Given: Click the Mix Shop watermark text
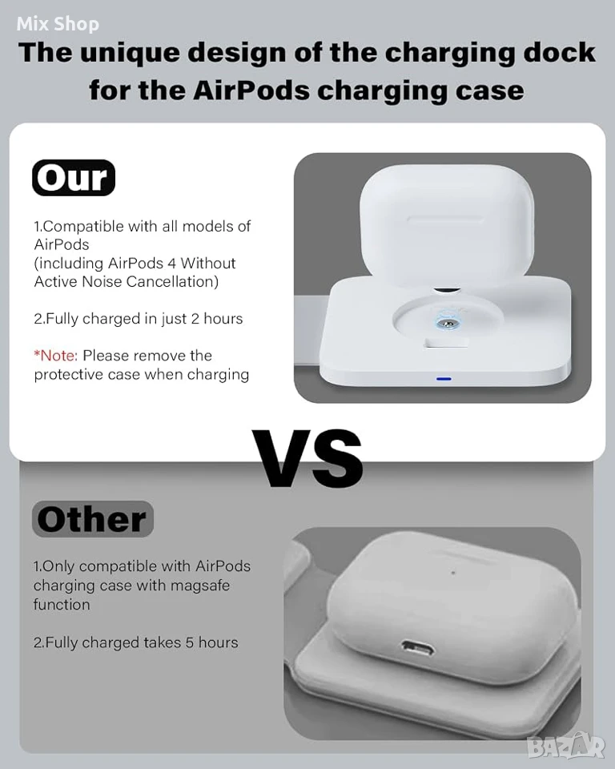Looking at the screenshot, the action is [58, 23].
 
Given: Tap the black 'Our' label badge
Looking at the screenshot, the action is [74, 178].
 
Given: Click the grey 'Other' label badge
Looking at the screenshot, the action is [93, 519].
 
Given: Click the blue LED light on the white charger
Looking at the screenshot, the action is [444, 379].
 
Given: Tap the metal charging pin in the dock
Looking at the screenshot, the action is [447, 323].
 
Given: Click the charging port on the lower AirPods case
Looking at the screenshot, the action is [417, 648].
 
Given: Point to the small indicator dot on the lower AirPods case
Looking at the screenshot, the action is [453, 572].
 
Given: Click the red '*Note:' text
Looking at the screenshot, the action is [55, 355].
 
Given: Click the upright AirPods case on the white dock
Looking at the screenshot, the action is [447, 236].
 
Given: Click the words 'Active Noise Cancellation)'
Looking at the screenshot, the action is [126, 281].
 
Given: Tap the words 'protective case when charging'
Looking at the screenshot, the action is [141, 375].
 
